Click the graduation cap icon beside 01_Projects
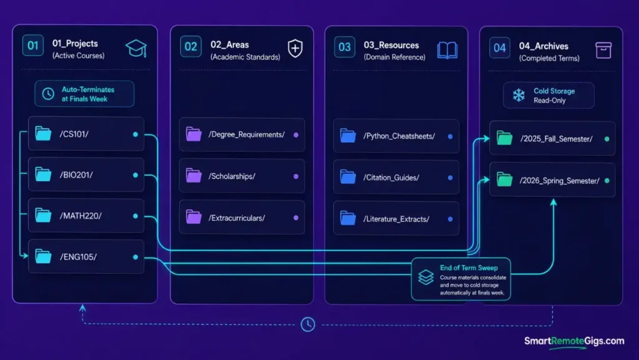click(136, 49)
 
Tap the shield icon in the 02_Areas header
click(295, 49)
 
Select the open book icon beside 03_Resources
click(447, 51)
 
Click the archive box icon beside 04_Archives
click(603, 51)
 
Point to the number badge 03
click(344, 47)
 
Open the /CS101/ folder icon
click(43, 134)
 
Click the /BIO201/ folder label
click(76, 175)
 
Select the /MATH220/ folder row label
click(80, 216)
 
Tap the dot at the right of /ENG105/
click(135, 257)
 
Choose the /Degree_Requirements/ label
click(246, 135)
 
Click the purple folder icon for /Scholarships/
click(193, 175)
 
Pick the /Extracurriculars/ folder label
click(237, 218)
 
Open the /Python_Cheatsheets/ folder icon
click(348, 136)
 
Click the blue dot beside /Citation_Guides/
click(450, 178)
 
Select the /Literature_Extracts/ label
click(396, 219)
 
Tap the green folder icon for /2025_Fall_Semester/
click(504, 138)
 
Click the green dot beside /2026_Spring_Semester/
click(607, 181)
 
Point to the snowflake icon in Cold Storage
click(519, 95)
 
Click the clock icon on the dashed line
click(308, 324)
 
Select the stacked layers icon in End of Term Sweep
click(426, 277)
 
